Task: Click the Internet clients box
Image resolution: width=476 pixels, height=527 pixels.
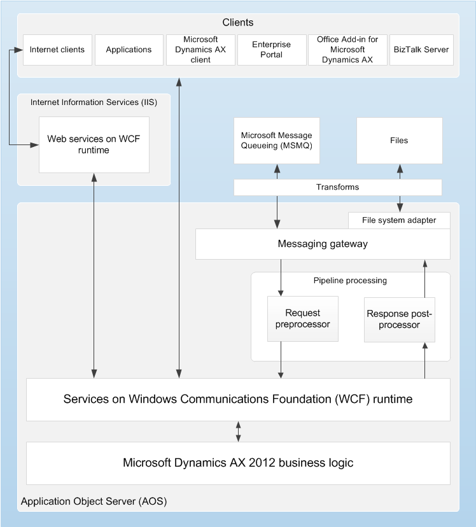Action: pos(57,50)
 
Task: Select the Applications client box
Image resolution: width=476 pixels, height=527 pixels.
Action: pos(129,50)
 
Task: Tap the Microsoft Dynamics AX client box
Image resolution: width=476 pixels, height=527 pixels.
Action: pos(200,50)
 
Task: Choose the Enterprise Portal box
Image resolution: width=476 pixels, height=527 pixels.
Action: pos(271,50)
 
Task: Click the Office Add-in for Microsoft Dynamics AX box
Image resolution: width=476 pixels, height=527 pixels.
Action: pos(347,50)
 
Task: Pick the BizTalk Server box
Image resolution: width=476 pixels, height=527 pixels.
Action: pos(421,50)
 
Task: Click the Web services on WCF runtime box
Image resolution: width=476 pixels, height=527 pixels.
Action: pos(94,144)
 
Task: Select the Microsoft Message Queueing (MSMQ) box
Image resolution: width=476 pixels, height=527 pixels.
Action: pos(276,140)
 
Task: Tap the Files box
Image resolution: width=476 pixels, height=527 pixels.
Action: pos(399,140)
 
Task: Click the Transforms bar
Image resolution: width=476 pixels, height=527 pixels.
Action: pos(337,187)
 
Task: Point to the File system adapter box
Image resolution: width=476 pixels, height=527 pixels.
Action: pos(399,220)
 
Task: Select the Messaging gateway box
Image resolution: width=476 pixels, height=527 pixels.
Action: pos(323,244)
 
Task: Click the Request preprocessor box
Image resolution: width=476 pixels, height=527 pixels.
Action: pos(303,319)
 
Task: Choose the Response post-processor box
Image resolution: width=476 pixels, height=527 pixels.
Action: pos(399,320)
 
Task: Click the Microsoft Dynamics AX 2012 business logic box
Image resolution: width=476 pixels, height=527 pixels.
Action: pos(238,463)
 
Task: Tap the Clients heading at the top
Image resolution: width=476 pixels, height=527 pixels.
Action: pos(238,23)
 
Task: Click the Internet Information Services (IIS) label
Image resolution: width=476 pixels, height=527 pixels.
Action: pos(94,102)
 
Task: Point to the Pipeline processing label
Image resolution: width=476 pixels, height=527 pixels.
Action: pos(350,281)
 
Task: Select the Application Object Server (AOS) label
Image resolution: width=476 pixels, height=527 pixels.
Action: pos(94,502)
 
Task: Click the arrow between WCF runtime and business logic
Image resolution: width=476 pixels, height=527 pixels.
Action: pos(239,431)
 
